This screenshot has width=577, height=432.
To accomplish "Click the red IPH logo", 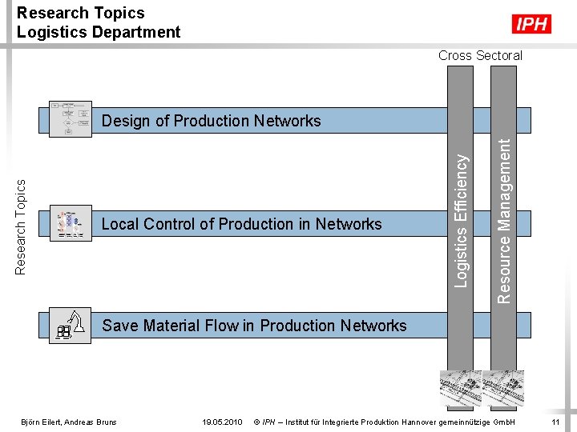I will pyautogui.click(x=532, y=25).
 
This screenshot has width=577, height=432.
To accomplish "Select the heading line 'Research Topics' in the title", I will pyautogui.click(x=80, y=13).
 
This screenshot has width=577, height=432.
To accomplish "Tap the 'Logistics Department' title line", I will pyautogui.click(x=99, y=32).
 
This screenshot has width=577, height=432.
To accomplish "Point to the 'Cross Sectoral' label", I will pyautogui.click(x=480, y=55).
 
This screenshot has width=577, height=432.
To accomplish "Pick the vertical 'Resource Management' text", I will pyautogui.click(x=503, y=219).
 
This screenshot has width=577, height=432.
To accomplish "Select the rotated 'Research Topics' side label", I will pyautogui.click(x=22, y=226).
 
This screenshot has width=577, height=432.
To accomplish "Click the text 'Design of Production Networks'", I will pyautogui.click(x=211, y=121).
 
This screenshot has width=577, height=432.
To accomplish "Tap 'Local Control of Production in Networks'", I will pyautogui.click(x=242, y=224).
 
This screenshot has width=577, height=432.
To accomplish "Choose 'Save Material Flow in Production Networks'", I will pyautogui.click(x=254, y=326).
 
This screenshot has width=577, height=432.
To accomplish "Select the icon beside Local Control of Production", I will pyautogui.click(x=70, y=223).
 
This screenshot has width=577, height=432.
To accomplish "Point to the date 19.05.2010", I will pyautogui.click(x=223, y=422).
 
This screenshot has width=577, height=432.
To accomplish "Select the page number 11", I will pyautogui.click(x=555, y=422).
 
